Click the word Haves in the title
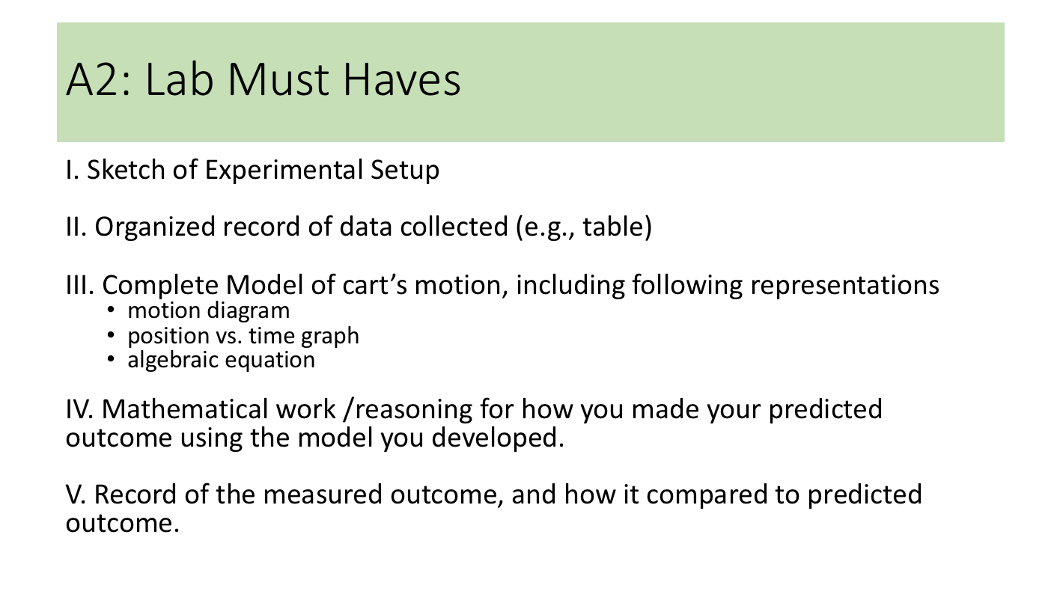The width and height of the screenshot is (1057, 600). pyautogui.click(x=401, y=79)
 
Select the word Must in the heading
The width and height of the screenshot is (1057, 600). pyautogui.click(x=278, y=79)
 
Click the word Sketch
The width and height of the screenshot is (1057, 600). pyautogui.click(x=126, y=169)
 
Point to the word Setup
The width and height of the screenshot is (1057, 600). pyautogui.click(x=405, y=171)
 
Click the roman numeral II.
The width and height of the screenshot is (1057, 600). pyautogui.click(x=76, y=227)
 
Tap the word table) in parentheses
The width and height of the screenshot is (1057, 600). pyautogui.click(x=618, y=227)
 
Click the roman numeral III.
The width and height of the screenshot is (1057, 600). pyautogui.click(x=80, y=285)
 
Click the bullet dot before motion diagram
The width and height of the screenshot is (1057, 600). pyautogui.click(x=111, y=310)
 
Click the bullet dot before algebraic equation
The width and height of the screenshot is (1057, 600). pyautogui.click(x=111, y=359)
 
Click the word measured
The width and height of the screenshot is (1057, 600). pyautogui.click(x=323, y=495)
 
